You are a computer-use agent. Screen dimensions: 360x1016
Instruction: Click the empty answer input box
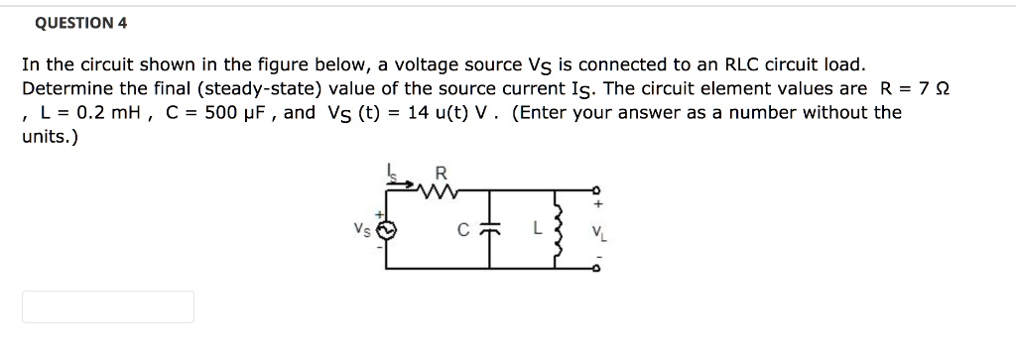pyautogui.click(x=108, y=306)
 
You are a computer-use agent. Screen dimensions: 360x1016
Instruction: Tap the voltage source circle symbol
pyautogui.click(x=389, y=228)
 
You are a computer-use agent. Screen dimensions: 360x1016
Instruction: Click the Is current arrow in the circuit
pyautogui.click(x=393, y=175)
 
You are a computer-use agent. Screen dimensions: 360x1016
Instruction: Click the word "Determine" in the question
pyautogui.click(x=63, y=88)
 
